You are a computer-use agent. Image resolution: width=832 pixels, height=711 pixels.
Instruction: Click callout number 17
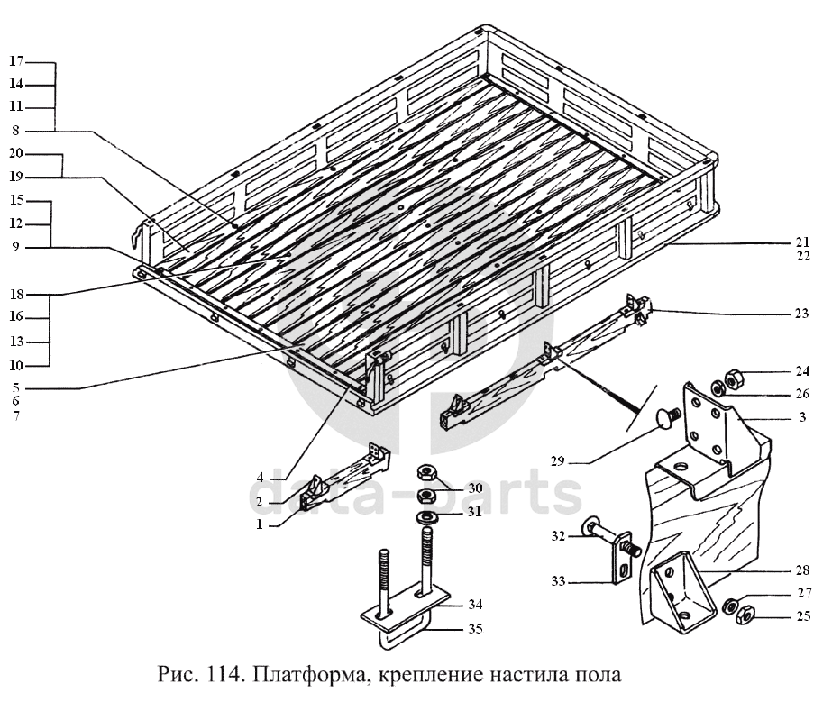(x=16, y=61)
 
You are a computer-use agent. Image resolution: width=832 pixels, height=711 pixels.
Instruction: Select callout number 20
(x=16, y=153)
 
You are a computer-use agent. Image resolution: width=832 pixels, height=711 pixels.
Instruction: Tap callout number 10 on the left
(x=16, y=365)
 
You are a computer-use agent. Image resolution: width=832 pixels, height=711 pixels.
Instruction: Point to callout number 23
(x=801, y=314)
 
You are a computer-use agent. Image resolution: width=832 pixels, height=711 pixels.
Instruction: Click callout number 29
(x=558, y=461)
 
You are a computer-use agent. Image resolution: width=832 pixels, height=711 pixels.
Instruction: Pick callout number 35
(x=475, y=629)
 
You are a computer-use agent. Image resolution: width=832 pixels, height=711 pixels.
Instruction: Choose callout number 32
(x=558, y=536)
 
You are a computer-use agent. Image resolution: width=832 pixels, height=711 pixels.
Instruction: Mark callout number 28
(x=803, y=570)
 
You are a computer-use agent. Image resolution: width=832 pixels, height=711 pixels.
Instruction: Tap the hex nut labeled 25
(x=745, y=615)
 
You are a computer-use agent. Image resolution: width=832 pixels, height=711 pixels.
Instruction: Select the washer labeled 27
(x=731, y=606)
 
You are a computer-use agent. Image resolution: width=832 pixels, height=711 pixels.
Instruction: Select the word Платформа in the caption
(x=309, y=676)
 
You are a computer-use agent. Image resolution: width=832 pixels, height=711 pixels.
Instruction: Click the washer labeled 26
(x=717, y=388)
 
